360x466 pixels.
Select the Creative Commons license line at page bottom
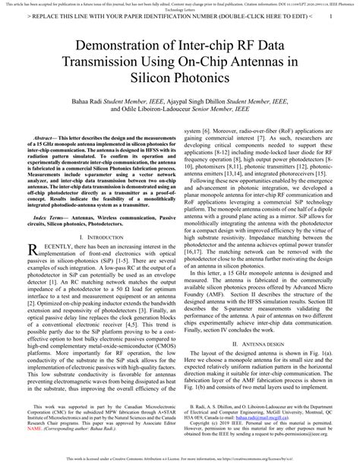[x=179, y=460]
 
